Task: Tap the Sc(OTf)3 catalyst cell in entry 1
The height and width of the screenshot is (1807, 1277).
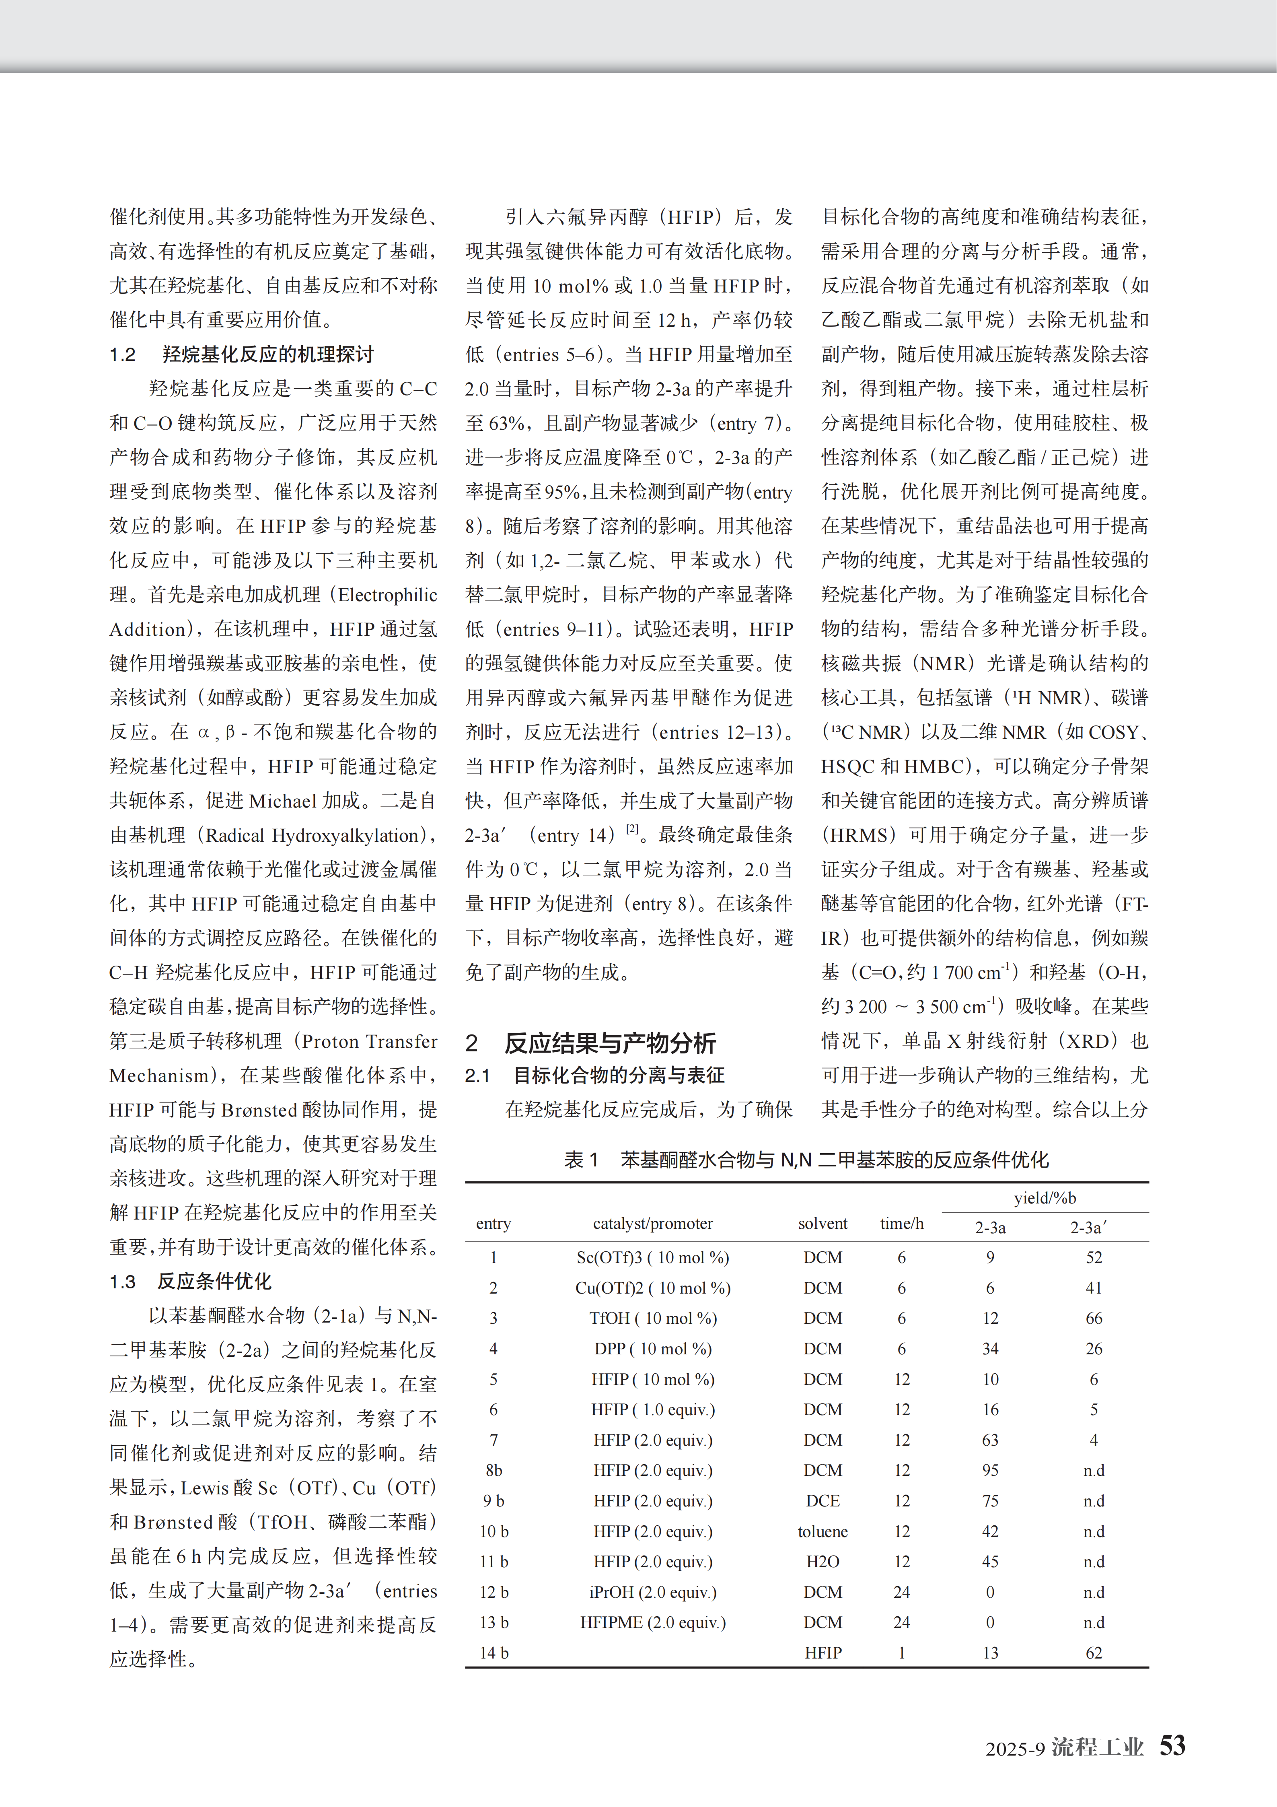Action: [x=652, y=1258]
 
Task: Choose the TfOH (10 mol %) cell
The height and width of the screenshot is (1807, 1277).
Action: [x=652, y=1318]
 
